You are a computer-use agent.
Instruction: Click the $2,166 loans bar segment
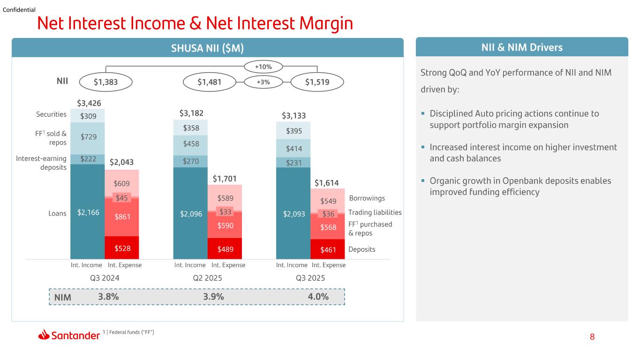click(87, 212)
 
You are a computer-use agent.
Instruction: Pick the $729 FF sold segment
click(87, 139)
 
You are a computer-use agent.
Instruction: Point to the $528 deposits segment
click(122, 247)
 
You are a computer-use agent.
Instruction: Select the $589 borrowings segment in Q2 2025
click(225, 198)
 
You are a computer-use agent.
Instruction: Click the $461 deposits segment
click(328, 249)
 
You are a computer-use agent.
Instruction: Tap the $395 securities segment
click(293, 131)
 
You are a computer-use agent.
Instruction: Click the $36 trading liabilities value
click(328, 214)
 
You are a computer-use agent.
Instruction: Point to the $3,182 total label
click(191, 113)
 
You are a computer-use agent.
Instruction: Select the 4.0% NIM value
click(318, 297)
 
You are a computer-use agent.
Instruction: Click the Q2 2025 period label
click(207, 278)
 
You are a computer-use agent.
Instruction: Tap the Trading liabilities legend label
click(375, 212)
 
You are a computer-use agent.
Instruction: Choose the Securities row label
click(51, 114)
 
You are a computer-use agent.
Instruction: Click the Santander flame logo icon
click(44, 335)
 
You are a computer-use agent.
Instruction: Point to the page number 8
click(592, 337)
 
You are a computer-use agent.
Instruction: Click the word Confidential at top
click(19, 10)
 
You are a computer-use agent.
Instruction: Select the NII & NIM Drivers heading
click(522, 47)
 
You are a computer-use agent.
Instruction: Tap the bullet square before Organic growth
click(423, 180)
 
